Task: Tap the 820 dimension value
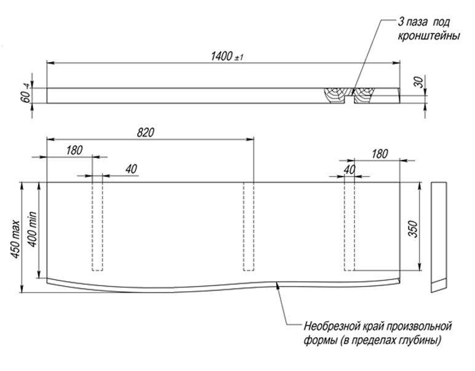(x=146, y=132)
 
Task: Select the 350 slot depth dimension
(x=413, y=228)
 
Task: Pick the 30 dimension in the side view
(x=419, y=83)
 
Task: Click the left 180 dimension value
(x=74, y=151)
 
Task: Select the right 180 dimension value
(x=380, y=154)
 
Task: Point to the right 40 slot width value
(x=349, y=169)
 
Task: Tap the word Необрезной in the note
(x=330, y=325)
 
